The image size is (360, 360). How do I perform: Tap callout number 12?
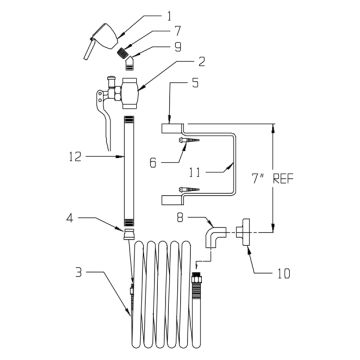(x=76, y=156)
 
